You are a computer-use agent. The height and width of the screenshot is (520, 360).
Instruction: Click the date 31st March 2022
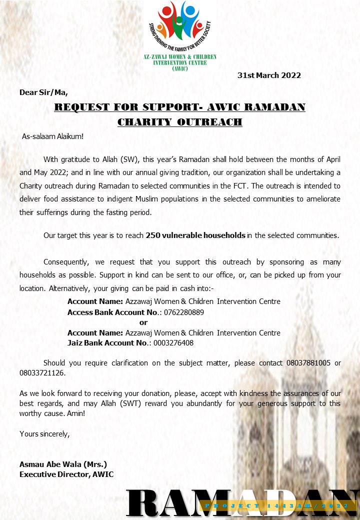click(x=269, y=75)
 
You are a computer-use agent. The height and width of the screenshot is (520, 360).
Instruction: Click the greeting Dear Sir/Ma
click(x=43, y=92)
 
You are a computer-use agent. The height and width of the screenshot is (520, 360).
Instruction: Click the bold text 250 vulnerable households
click(x=195, y=235)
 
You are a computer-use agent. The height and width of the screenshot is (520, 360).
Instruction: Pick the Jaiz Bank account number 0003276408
click(x=173, y=343)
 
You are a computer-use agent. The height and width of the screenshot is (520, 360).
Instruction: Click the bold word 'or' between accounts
click(x=143, y=322)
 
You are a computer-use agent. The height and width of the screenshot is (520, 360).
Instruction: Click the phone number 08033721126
click(x=42, y=373)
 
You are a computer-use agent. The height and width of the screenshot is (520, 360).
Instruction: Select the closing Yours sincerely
click(x=44, y=434)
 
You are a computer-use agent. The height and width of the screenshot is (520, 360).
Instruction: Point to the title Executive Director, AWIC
click(x=66, y=474)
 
